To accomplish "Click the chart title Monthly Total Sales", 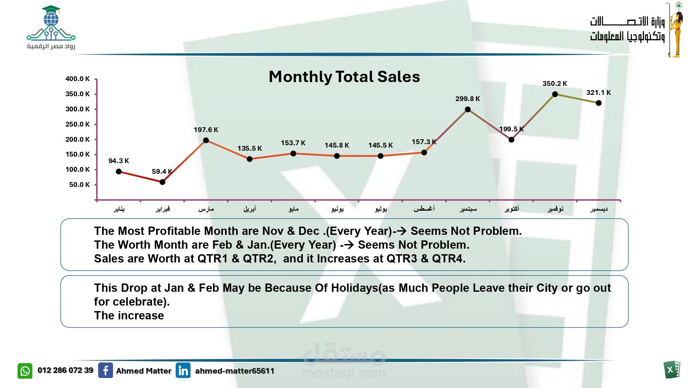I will point(344,77).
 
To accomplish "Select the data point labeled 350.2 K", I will point(555,94).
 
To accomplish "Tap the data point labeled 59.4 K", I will point(162,182).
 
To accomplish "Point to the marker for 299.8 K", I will point(467,109).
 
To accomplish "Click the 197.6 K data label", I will point(206,130).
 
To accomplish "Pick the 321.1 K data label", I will point(598,92).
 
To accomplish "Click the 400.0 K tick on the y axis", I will point(78,79).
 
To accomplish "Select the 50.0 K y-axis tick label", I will point(79,185).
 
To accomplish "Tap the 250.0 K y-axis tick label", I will point(78,124).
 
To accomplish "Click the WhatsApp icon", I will point(25,371).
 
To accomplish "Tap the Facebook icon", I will point(105,370).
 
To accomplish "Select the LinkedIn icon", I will point(183,370).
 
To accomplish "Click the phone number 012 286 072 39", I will point(65,370).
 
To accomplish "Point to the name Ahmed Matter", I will point(144,371).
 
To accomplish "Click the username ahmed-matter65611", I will point(235,371).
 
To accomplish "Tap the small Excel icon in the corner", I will point(671,370).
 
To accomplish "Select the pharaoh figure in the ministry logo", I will point(677,31).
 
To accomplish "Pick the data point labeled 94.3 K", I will point(119,171).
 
